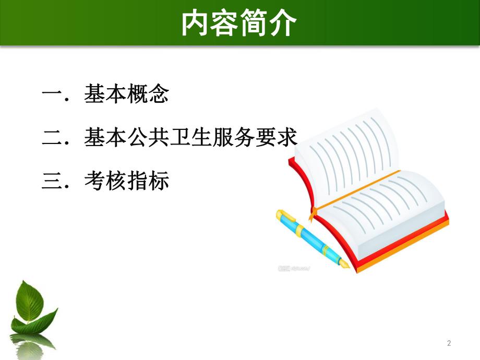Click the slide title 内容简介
pos(239,23)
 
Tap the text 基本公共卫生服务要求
pos(190,138)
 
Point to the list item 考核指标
pos(127,182)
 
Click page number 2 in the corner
pos(449,343)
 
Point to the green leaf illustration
pos(32,308)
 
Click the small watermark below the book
pos(294,268)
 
